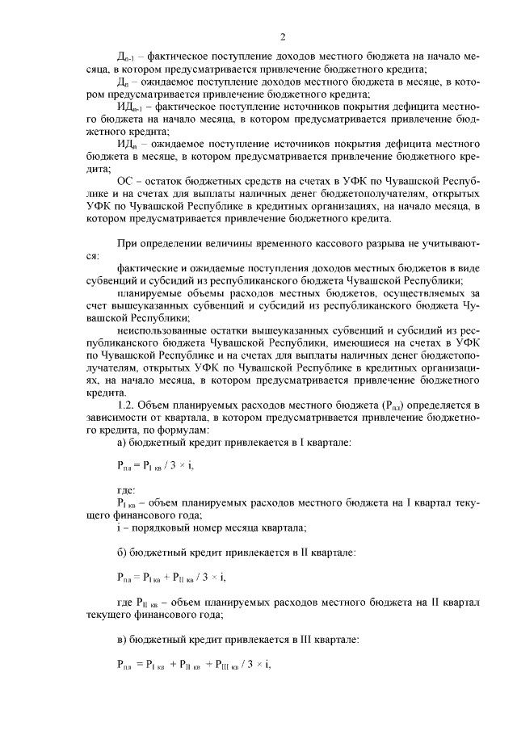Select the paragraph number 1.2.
(126, 402)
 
